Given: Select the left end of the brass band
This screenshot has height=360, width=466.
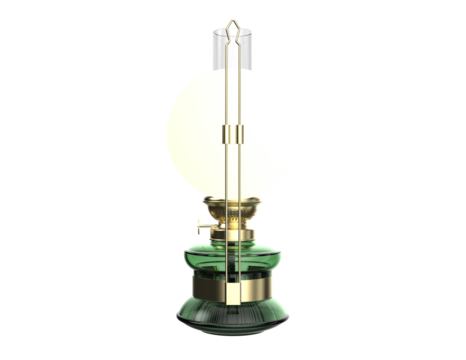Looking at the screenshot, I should [x=187, y=292].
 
